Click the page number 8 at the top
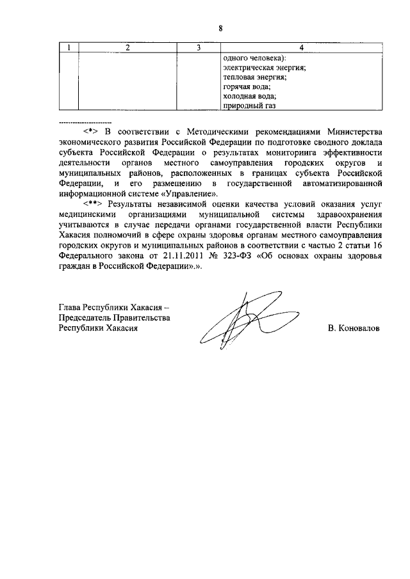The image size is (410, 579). [x=220, y=28]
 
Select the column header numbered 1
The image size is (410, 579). [x=69, y=49]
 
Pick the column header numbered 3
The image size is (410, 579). [x=199, y=49]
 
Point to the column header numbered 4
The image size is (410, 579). [x=300, y=49]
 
